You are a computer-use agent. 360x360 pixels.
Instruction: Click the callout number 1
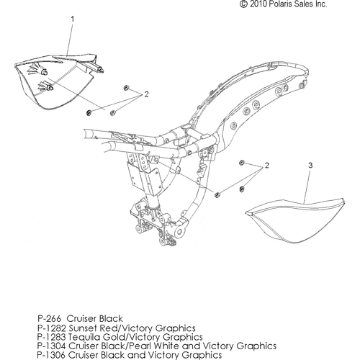(73, 19)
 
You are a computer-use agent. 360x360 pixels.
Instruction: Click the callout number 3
(310, 165)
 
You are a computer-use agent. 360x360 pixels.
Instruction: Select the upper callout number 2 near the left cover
(146, 94)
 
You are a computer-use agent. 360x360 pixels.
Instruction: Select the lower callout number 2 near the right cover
(266, 165)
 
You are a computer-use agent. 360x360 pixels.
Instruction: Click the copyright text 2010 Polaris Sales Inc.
(284, 4)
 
